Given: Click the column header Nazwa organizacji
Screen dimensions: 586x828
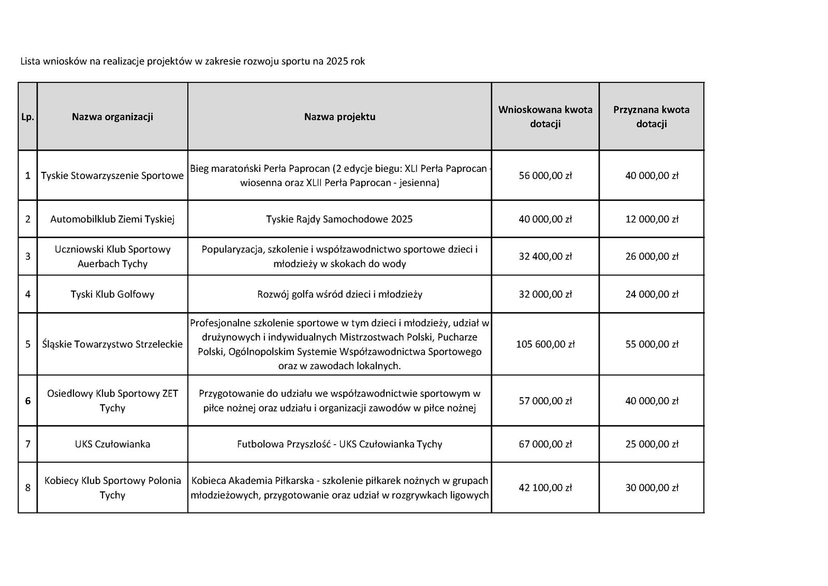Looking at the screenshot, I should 112,117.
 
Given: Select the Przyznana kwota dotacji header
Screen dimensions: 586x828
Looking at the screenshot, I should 651,117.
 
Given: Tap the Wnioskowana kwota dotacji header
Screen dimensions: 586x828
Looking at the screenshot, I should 545,117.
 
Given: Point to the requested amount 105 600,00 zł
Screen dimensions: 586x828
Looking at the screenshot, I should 545,344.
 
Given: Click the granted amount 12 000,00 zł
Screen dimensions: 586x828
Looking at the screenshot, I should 651,219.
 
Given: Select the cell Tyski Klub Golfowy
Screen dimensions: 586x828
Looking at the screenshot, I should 112,295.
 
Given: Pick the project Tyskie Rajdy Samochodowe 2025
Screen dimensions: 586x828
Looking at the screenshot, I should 339,219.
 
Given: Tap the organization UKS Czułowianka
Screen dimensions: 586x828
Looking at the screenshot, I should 112,444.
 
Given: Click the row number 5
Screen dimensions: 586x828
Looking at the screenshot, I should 27,344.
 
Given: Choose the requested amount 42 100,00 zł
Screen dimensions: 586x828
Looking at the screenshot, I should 545,488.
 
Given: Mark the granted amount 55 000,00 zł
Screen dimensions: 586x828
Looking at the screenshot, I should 651,344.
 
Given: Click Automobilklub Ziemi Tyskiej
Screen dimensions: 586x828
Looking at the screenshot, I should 112,219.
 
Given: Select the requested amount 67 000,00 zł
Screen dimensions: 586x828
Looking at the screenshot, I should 545,444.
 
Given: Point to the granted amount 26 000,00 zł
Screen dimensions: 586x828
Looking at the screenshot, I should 651,256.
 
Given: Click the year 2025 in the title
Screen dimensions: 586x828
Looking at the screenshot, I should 337,61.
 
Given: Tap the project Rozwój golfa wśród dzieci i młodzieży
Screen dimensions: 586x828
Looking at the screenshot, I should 339,295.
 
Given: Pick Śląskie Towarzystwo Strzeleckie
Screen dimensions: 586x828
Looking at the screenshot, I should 112,344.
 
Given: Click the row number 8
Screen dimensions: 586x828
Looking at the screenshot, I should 27,488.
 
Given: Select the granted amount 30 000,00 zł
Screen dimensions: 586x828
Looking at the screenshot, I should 651,488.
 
